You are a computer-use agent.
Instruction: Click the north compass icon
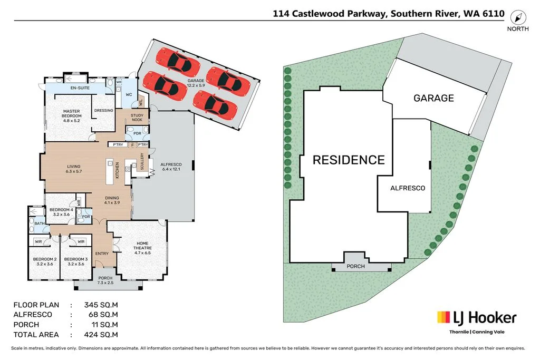pos(518,16)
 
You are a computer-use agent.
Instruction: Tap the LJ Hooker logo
pos(477,317)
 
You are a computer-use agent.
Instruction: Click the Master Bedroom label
pos(71,113)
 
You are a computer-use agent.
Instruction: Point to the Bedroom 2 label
pos(45,261)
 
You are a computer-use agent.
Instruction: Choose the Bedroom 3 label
pos(74,261)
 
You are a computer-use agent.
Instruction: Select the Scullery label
pos(142,162)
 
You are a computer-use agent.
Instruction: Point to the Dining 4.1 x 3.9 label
pos(111,200)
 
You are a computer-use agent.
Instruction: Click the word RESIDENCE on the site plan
pos(349,160)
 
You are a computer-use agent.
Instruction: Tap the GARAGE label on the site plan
pos(433,98)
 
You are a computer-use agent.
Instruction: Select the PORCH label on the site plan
pos(355,266)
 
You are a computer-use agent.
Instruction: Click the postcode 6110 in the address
pos(493,14)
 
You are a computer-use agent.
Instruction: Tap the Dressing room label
pos(103,111)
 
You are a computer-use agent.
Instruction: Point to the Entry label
pos(102,254)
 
